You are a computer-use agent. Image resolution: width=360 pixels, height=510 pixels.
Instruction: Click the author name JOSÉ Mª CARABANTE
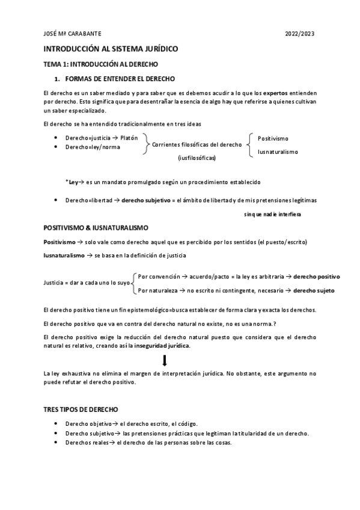pos(69,33)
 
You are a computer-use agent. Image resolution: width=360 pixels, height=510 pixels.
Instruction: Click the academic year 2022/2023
pos(299,33)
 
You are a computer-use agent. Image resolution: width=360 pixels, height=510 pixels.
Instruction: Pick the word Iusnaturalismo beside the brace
pos(278,152)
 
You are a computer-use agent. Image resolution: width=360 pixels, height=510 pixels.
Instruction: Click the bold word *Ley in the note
pos(72,181)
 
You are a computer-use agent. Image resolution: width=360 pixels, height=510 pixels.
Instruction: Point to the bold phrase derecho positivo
pos(316,276)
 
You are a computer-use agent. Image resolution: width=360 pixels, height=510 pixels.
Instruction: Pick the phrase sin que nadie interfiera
pos(272,214)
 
